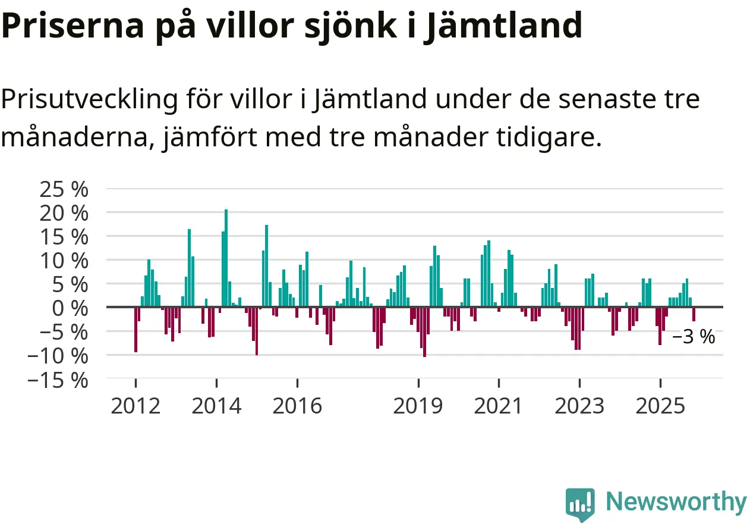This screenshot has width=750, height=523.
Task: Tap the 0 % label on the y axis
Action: pos(70,308)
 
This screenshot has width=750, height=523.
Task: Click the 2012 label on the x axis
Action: pos(135,406)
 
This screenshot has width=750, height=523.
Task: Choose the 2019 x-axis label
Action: pos(418,406)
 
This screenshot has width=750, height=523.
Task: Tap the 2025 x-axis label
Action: pos(660,406)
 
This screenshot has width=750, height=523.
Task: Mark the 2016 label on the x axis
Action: pos(297,406)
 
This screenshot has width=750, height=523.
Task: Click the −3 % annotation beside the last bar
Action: pos(694,337)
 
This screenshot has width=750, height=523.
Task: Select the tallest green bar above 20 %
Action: pos(226,258)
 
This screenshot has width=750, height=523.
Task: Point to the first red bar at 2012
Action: pos(136,330)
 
